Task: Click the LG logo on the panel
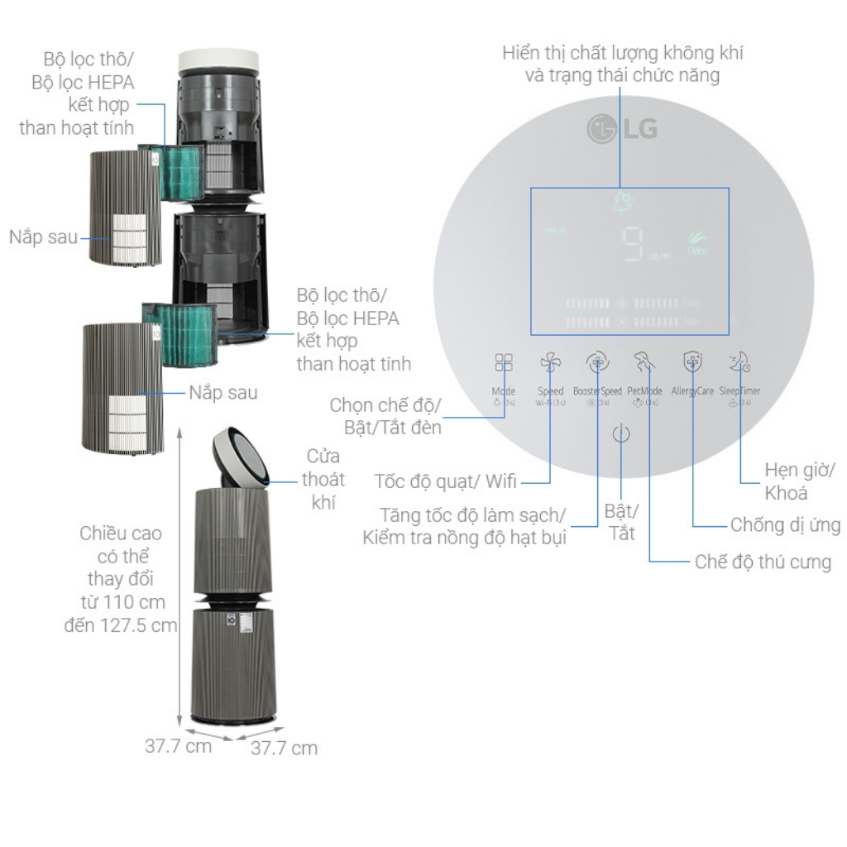622,129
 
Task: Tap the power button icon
622,434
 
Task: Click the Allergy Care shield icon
692,362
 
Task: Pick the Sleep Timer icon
739,361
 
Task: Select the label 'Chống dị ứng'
785,524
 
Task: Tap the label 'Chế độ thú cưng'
763,562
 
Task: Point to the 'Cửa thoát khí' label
323,480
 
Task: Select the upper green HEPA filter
180,171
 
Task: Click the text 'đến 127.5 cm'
122,624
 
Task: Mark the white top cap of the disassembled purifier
221,61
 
